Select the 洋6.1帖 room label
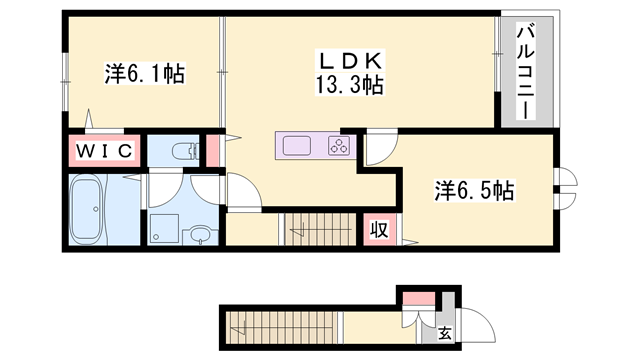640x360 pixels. click(x=144, y=74)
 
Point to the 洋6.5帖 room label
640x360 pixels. click(x=473, y=189)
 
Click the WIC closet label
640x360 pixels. click(x=103, y=151)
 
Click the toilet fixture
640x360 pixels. click(x=185, y=152)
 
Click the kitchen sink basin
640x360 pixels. click(x=298, y=146)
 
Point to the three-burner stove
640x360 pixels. click(x=337, y=147)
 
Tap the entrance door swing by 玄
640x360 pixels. click(x=471, y=322)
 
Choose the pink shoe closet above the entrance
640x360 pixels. click(x=420, y=297)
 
